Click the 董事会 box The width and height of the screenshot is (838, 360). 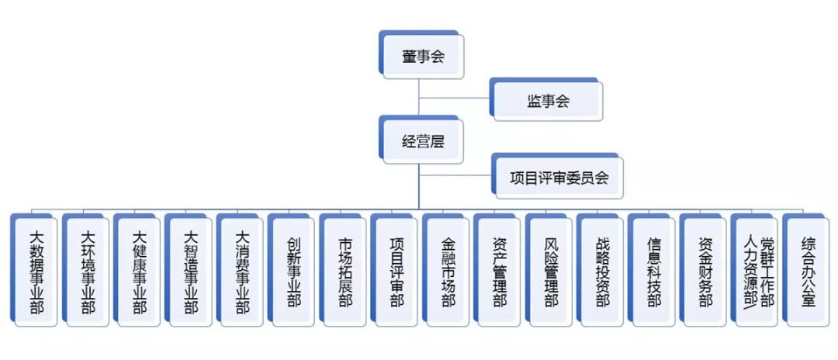(423, 57)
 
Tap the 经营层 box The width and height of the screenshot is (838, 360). (423, 142)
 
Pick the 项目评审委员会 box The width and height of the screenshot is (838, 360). (559, 177)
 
